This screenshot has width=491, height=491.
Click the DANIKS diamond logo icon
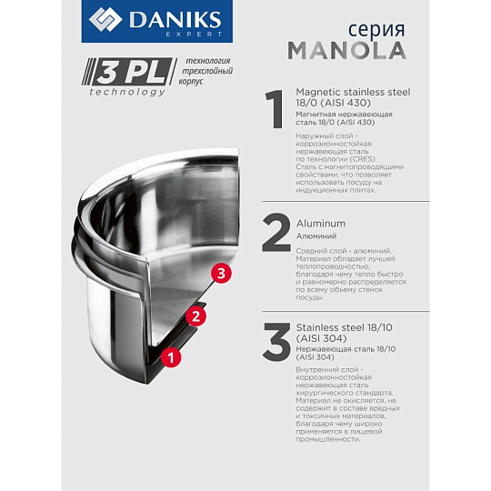point(105,19)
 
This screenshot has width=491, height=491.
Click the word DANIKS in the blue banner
point(175,20)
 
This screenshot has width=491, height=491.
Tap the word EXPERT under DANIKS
point(194,35)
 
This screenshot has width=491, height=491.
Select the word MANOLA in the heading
point(347,51)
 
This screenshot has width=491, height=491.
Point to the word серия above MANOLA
point(376,30)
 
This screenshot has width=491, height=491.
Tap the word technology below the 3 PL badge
point(127,92)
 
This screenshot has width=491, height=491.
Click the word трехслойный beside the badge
point(207,71)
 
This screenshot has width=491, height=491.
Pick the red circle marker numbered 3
point(221,274)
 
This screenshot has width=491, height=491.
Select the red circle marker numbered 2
point(195,316)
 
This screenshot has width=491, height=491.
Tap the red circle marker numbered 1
point(171,357)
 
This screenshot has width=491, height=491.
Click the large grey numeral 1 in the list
point(275,109)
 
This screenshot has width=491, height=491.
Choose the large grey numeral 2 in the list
point(276,233)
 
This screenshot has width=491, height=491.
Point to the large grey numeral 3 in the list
point(276,342)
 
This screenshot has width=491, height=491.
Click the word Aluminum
point(321,224)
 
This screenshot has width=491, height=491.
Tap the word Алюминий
point(316,236)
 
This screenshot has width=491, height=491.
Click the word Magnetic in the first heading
point(318,93)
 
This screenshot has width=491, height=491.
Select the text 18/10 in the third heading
point(380,327)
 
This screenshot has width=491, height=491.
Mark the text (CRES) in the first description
point(363,159)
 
